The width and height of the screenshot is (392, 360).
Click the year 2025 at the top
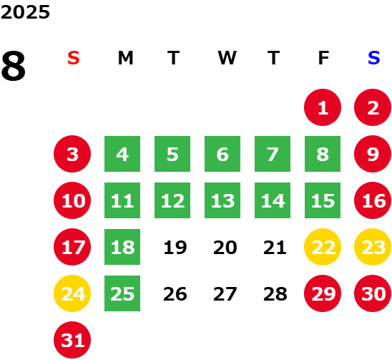[x=25, y=12]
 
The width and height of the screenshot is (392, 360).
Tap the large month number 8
[x=14, y=66]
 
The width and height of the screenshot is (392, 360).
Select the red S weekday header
[x=74, y=58]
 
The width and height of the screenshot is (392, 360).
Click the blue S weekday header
[x=373, y=58]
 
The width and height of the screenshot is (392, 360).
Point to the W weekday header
[x=227, y=58]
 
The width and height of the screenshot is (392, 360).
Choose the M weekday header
[x=125, y=58]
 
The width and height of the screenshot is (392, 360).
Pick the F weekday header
[x=323, y=58]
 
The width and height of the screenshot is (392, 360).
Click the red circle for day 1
[x=323, y=107]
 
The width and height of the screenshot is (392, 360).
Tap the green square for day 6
[x=222, y=154]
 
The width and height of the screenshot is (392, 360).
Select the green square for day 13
[x=222, y=200]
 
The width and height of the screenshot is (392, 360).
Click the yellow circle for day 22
[x=323, y=247]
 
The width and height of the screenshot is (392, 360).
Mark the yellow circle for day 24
[x=72, y=293]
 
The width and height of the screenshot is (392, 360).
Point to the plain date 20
[x=225, y=248]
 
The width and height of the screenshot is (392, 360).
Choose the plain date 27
[x=225, y=294]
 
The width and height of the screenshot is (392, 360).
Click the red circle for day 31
[x=72, y=340]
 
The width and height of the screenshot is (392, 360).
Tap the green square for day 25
[x=122, y=293]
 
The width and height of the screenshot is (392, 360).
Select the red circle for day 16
[x=373, y=200]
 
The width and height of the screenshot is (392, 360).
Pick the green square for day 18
[x=122, y=247]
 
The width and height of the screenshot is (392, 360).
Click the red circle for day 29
[x=323, y=293]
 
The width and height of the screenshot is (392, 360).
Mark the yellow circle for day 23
[x=373, y=247]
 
